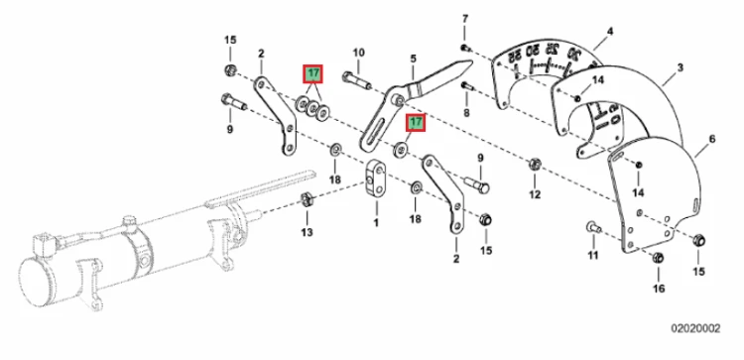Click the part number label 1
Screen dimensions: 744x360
376,222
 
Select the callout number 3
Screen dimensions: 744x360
680,67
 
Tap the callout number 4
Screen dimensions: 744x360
610,32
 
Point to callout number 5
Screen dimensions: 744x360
414,59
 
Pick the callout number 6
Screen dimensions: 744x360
712,139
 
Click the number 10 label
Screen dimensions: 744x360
359,53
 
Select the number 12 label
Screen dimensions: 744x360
535,194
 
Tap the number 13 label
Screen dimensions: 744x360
307,232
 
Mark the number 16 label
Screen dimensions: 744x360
659,288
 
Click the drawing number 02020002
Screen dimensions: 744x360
695,328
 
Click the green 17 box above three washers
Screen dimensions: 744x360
313,74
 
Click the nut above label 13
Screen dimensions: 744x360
307,199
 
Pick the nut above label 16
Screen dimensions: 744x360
658,258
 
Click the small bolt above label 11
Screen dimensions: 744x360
594,227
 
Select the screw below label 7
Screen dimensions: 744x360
464,47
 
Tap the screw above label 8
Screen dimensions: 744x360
466,86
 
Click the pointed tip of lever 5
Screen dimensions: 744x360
471,61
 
